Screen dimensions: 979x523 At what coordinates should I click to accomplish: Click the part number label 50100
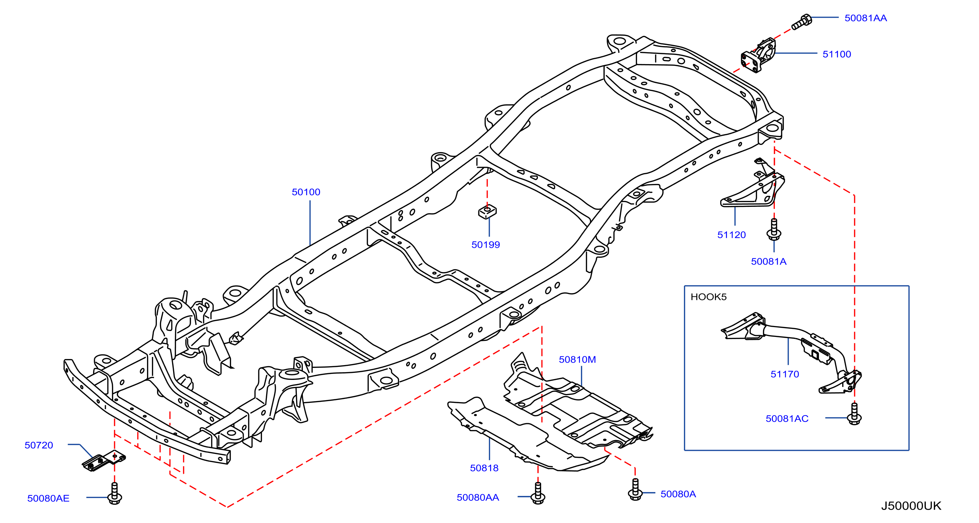coord(306,192)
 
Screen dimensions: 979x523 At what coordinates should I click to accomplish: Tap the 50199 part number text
coord(486,245)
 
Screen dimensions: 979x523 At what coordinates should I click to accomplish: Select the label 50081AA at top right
coord(866,18)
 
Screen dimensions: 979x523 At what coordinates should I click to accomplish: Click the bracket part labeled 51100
coord(759,55)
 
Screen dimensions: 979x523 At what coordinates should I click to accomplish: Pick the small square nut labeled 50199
coord(487,211)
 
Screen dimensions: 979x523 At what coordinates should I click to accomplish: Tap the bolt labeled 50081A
coord(774,229)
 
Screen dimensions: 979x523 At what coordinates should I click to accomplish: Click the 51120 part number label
coord(732,235)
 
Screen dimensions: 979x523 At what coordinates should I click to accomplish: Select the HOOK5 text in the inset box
coord(708,297)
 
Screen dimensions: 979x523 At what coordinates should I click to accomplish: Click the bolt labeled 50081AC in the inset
coord(854,414)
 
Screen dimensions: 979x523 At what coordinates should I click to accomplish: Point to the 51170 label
coord(785,375)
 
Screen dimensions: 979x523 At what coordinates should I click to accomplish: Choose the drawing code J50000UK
coord(911,506)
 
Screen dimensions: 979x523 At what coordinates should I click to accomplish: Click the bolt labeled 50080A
coord(635,490)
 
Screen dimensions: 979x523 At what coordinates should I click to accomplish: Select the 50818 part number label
coord(484,468)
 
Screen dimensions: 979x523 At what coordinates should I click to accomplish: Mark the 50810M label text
coord(577,360)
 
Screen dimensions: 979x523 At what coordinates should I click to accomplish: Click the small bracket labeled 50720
coord(104,461)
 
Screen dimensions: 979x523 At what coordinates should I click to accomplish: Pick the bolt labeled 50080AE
coord(114,493)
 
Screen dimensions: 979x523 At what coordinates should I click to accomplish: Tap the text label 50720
coord(39,445)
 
